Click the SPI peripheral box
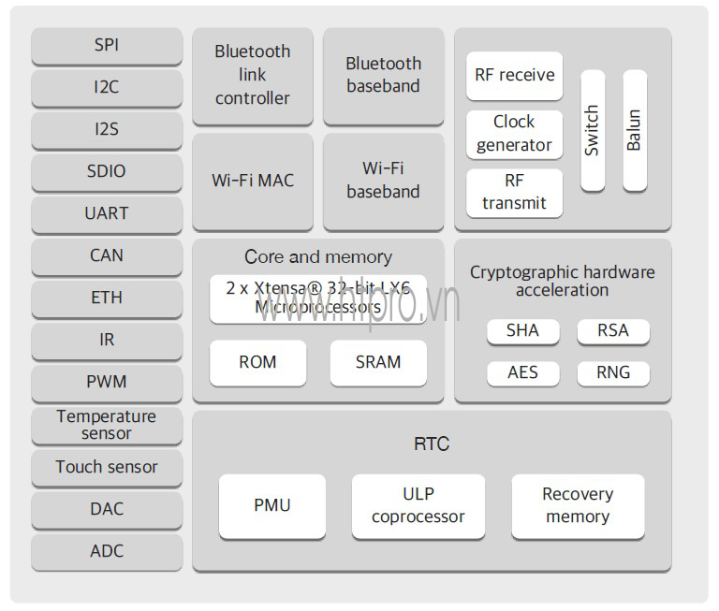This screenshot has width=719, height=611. tap(107, 45)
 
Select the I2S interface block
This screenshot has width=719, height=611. tap(107, 129)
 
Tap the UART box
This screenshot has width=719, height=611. tap(107, 213)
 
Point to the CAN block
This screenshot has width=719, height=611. tap(107, 255)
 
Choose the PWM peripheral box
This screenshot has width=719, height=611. tap(107, 382)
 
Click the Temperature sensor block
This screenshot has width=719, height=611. tap(107, 425)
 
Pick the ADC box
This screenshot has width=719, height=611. tap(107, 551)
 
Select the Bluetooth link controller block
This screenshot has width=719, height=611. tap(253, 75)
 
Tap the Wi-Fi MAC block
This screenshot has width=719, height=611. tap(253, 181)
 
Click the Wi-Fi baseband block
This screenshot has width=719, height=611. tap(383, 181)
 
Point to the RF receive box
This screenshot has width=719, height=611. tap(514, 76)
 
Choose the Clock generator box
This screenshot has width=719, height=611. tap(514, 134)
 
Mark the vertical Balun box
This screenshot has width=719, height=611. tap(635, 130)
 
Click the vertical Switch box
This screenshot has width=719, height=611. tap(593, 130)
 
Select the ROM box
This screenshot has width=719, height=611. tap(257, 362)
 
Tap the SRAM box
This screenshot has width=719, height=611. tap(378, 362)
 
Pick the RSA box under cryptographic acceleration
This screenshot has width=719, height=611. tap(613, 330)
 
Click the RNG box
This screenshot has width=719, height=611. tap(613, 372)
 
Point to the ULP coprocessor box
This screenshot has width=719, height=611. tap(418, 505)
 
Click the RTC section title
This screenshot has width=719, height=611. tap(432, 444)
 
